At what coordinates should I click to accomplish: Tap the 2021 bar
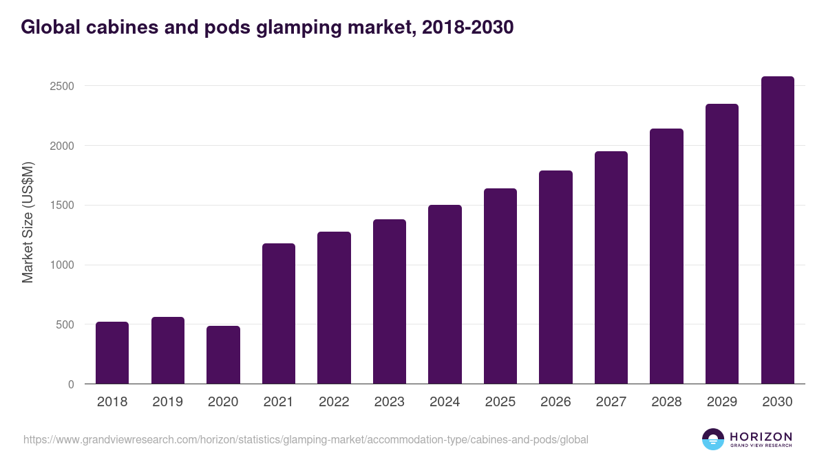[278, 313]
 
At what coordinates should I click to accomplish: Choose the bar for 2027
[611, 267]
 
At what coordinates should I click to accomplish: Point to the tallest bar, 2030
[777, 230]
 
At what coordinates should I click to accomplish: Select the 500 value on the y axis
[65, 324]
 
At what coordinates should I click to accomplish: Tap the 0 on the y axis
[71, 384]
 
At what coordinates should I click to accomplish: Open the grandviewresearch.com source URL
[306, 439]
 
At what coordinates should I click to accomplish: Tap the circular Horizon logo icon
[713, 439]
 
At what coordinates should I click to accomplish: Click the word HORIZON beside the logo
[761, 437]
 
